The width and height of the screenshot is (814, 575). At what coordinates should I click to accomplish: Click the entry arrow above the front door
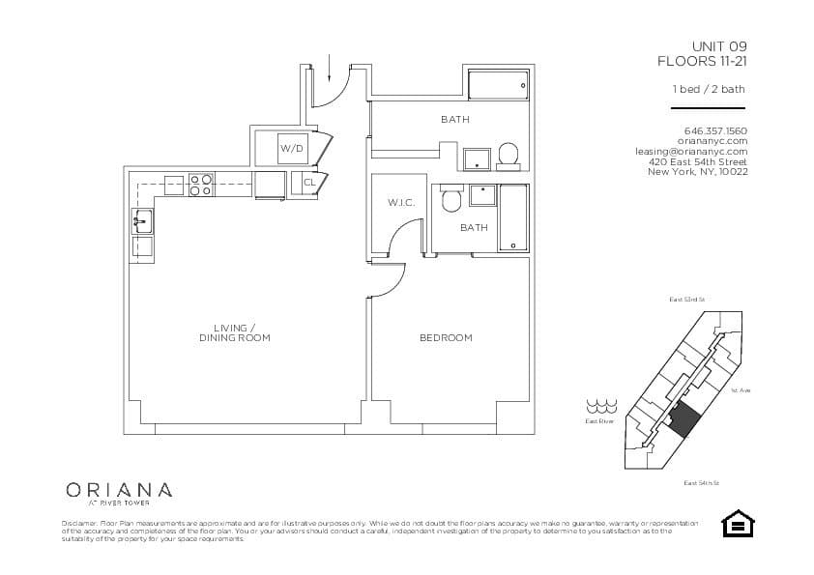coord(330,68)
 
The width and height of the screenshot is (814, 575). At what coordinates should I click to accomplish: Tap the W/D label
coord(290,149)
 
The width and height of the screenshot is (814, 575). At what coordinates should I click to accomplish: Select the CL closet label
coord(309,182)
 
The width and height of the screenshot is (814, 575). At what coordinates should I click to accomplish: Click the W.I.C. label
coord(401,203)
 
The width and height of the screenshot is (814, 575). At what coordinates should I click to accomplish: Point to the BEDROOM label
coord(446,338)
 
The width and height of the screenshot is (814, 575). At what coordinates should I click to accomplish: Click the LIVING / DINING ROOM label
coord(235,333)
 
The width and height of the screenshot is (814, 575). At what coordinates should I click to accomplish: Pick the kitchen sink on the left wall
coord(141,221)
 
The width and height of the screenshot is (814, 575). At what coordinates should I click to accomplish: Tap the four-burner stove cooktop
coord(200,185)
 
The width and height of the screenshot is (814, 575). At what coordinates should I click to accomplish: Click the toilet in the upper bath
coord(509,154)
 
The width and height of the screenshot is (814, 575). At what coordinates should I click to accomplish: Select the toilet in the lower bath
coord(450,201)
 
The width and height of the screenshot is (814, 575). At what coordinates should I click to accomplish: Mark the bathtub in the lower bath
coord(513,218)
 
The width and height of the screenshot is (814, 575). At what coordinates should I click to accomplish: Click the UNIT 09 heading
coord(718,46)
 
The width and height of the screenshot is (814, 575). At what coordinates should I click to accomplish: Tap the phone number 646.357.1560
coord(714,130)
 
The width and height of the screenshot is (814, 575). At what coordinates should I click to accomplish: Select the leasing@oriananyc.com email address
coord(690,151)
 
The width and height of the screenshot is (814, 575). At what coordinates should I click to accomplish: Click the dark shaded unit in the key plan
coord(684,419)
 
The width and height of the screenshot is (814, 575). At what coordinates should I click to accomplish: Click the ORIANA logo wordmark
coord(120,490)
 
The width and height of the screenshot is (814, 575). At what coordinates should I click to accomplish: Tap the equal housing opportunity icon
coord(739,523)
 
